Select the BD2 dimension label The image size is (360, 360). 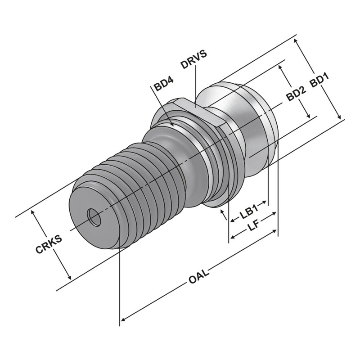point(297,94)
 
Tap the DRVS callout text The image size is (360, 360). point(193,59)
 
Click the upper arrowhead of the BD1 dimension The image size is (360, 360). point(297,40)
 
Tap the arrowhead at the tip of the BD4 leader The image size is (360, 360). point(171,124)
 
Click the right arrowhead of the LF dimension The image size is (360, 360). point(274,215)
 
